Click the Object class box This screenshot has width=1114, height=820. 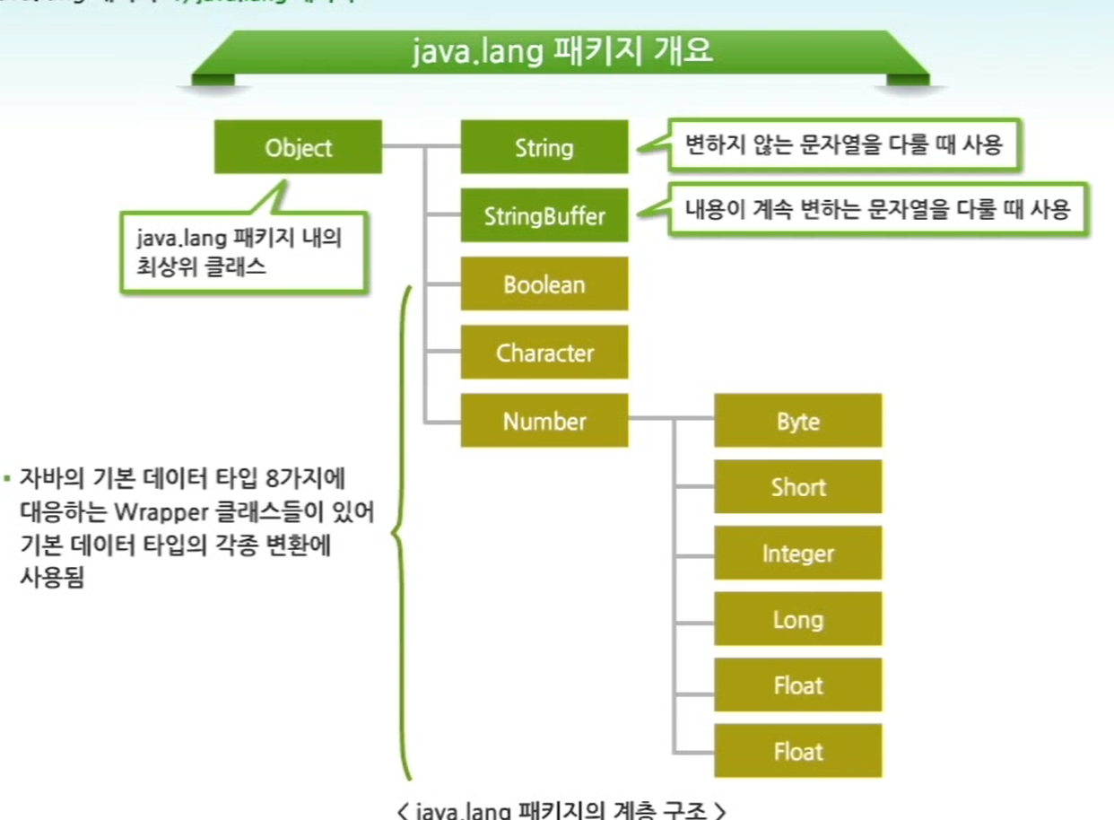pos(298,147)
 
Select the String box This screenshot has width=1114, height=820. pos(544,147)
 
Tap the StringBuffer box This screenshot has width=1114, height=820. pos(544,215)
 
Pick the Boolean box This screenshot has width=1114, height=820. pos(544,284)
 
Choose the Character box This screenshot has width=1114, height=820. pos(544,353)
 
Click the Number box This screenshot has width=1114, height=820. pos(544,421)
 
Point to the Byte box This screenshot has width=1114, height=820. pos(797,421)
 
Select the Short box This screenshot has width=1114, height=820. pos(797,487)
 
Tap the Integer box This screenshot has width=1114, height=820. pos(797,554)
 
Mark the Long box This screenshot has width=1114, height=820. pos(797,619)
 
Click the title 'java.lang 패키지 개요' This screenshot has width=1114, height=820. pos(562,51)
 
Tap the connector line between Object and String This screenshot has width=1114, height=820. pos(421,146)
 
